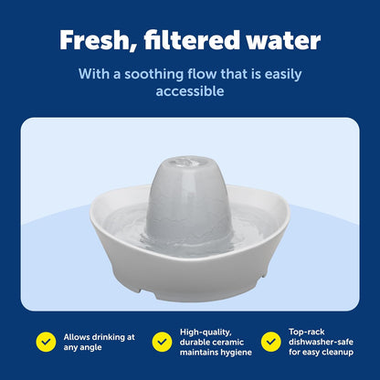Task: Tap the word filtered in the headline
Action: [192, 39]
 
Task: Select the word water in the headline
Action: [284, 41]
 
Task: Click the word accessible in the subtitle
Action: [190, 91]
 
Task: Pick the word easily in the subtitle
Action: [283, 75]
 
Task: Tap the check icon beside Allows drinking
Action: [46, 342]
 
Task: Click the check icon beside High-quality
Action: [162, 342]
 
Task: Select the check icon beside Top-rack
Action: [271, 342]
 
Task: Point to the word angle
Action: [91, 348]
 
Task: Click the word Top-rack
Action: [307, 332]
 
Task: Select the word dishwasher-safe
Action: [321, 342]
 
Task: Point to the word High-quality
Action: [206, 332]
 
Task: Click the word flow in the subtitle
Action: [202, 74]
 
